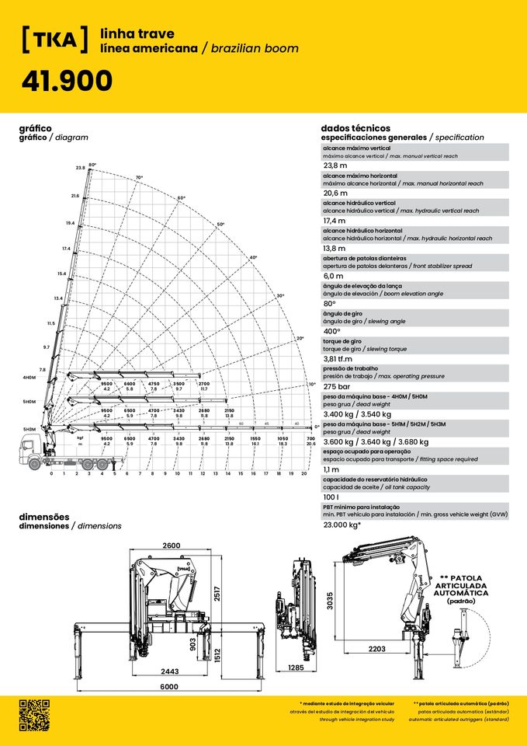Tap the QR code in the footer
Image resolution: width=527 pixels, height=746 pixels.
point(35,715)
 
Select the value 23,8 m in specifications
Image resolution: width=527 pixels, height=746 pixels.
point(335,166)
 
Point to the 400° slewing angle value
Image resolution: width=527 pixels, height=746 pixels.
point(335,331)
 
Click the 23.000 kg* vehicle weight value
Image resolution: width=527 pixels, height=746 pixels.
point(342,525)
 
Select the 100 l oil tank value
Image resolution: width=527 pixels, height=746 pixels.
point(331,497)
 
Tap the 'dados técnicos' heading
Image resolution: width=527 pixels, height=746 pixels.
point(355,128)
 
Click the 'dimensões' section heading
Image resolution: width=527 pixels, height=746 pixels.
point(44,517)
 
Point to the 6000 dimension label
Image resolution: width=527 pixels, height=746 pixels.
point(169,687)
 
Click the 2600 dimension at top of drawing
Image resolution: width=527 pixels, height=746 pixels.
point(171,546)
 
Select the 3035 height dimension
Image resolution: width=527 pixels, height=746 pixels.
point(331,601)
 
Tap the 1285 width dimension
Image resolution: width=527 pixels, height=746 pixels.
point(295,668)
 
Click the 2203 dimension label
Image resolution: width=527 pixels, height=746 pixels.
point(378,648)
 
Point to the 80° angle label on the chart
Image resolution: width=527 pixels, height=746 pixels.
point(92,165)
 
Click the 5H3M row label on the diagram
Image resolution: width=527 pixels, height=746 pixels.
point(29,429)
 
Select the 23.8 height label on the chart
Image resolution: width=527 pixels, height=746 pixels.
point(80,168)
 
